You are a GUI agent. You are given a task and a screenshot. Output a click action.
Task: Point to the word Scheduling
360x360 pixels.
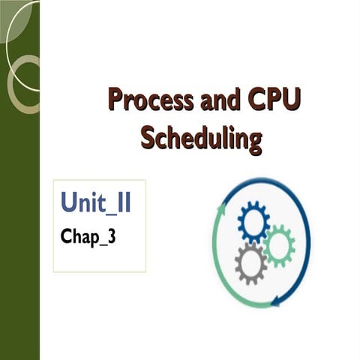coord(202,138)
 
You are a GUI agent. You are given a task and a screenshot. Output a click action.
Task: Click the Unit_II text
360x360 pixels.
coord(96,202)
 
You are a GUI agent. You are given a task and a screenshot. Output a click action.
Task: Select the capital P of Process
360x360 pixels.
coord(115,100)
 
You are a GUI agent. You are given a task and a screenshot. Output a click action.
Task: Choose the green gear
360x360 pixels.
coord(278,244)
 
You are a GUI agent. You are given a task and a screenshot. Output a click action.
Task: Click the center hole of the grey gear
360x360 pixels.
coord(250,263)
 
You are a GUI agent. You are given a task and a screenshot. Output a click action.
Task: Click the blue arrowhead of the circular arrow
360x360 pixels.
coord(278,301)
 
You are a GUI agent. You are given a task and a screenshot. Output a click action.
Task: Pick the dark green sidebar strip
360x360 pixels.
coord(19,225)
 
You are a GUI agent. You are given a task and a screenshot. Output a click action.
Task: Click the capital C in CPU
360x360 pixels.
coord(252,100)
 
